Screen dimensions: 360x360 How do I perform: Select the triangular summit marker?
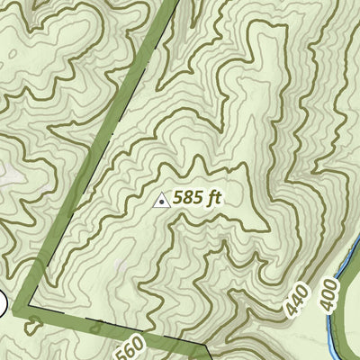click(x=162, y=201)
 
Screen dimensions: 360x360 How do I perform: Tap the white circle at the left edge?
click(x=2, y=304)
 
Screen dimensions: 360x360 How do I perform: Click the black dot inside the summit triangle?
click(x=162, y=202)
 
